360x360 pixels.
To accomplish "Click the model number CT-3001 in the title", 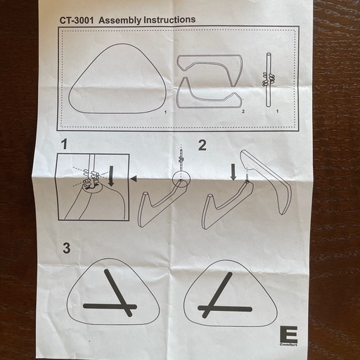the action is pos(77,20).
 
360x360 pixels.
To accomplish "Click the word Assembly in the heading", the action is pos(120,20).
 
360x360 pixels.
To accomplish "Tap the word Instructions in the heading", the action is pos(169,20).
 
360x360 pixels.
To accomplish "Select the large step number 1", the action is pos(64,144).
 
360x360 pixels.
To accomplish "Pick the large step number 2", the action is pos(202,146).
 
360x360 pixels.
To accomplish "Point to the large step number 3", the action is pos(67,248).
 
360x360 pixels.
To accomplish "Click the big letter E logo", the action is pos(289,334).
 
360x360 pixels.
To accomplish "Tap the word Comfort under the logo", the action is pos(288,345).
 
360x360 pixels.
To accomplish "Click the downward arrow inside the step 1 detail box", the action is pos(111,176).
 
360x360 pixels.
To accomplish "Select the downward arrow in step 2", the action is pos(233,172).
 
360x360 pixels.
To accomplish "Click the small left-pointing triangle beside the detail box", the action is pos(134,179).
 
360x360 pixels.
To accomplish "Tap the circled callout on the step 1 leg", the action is pos(181,179).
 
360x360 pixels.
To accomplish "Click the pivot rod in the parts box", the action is pos(269,80).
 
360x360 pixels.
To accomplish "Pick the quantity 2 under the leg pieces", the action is pos(243,112).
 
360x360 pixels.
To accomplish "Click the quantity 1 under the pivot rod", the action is pos(278,111).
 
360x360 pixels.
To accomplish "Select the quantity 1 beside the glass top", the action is pos(165,112).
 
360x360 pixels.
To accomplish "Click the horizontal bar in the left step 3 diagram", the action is pos(110,306).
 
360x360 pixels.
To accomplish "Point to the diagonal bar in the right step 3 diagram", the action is pos(217,295).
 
